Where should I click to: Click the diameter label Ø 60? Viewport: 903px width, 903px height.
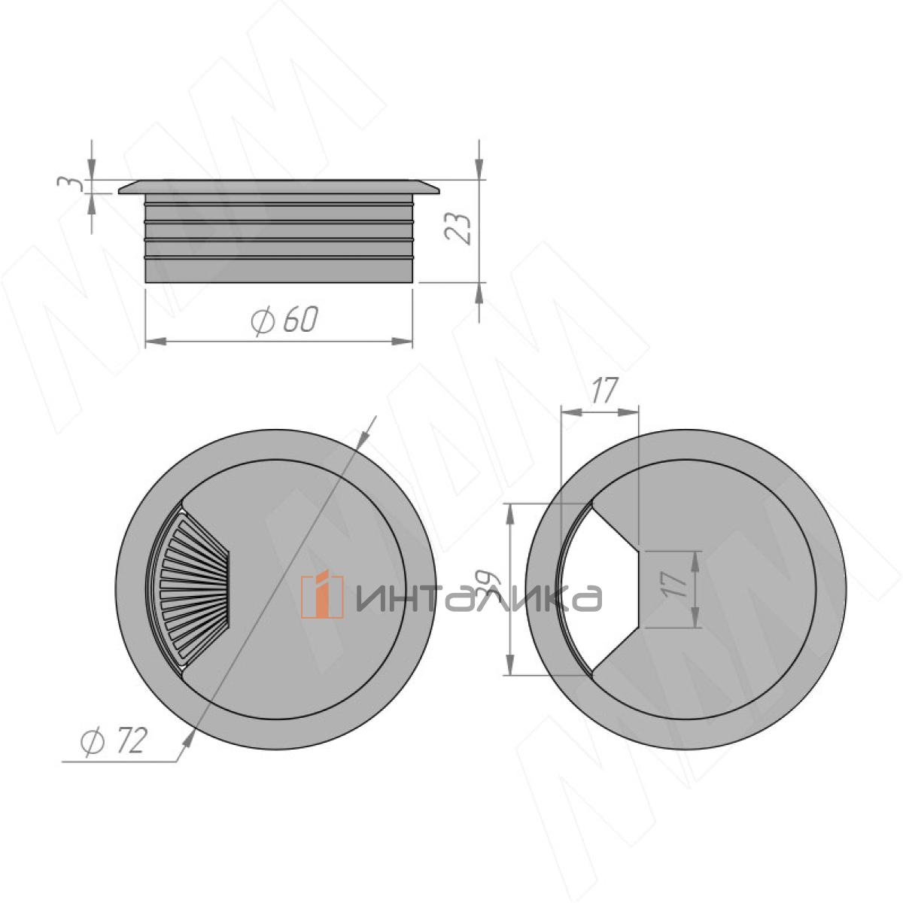coord(284,320)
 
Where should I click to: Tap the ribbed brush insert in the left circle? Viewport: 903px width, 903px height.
coord(190,589)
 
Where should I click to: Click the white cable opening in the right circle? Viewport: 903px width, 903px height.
coord(594,589)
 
